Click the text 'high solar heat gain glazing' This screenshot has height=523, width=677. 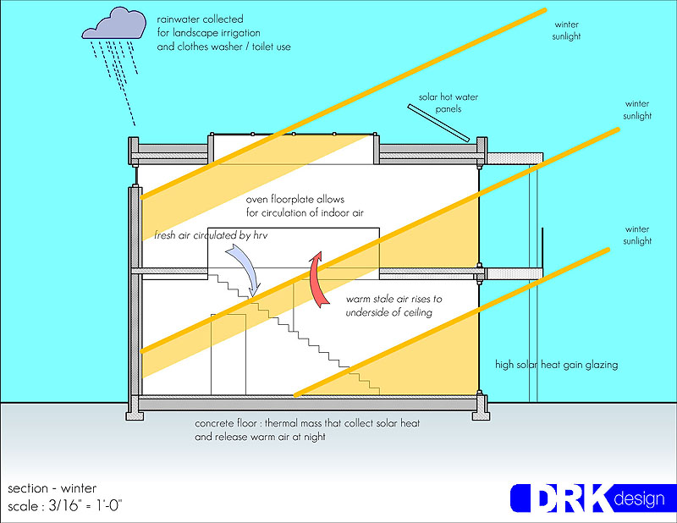tap(557, 365)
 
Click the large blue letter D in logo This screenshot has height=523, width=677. tap(531, 498)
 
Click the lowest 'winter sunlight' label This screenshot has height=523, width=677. tap(638, 234)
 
